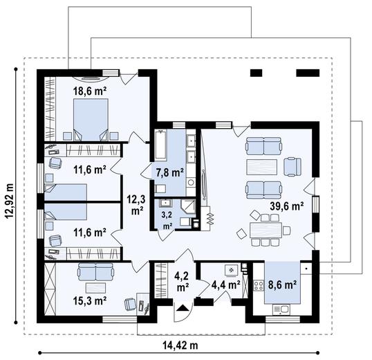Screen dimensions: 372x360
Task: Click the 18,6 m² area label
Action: [x=90, y=91]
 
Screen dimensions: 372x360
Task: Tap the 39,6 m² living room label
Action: [x=287, y=206]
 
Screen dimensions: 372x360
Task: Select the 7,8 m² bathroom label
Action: [x=170, y=172]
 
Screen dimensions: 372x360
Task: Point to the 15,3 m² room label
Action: [x=90, y=301]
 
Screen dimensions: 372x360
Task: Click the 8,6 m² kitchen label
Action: [x=282, y=285]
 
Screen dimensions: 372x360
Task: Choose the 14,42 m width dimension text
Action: [x=180, y=345]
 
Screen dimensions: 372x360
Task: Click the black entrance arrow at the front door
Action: [x=183, y=308]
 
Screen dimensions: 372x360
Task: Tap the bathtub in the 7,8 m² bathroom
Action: [x=161, y=145]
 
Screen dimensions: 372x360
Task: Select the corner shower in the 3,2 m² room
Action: [x=189, y=206]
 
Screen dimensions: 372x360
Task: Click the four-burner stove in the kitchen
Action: [x=259, y=285]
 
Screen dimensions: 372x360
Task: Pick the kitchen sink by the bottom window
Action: [x=281, y=309]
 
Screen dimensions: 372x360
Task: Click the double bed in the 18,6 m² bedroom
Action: [x=91, y=120]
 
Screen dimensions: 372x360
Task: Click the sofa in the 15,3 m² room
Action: [x=95, y=271]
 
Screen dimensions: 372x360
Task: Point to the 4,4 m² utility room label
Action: [x=225, y=285]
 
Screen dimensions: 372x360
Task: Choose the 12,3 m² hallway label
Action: [x=136, y=205]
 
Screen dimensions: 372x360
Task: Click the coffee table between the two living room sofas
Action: [x=261, y=167]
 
